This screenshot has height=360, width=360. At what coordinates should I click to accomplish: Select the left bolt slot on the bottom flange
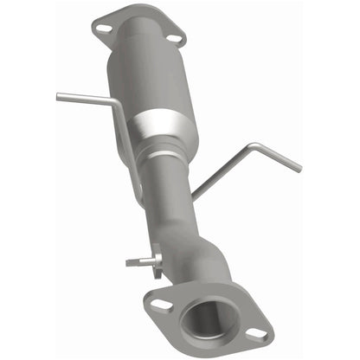coord(159,305)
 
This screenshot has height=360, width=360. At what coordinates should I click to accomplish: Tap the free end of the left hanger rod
coord(59,96)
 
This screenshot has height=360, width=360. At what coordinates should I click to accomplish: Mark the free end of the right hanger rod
coord(299,168)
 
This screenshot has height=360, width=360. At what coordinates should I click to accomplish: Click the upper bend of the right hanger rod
coord(251,146)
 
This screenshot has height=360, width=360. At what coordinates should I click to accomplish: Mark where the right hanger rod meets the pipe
coord(192,197)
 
